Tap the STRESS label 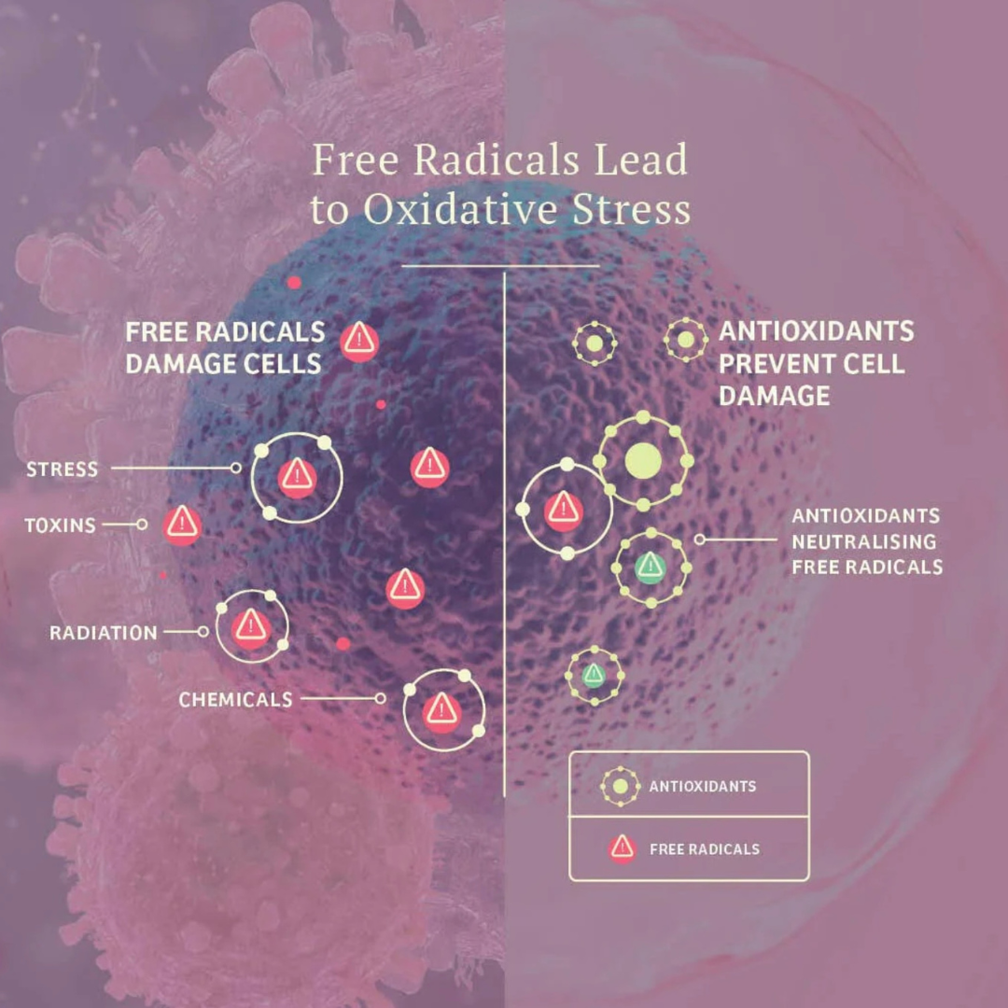pyautogui.click(x=62, y=469)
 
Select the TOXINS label pyautogui.click(x=60, y=525)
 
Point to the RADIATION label pyautogui.click(x=104, y=633)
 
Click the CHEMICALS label pyautogui.click(x=235, y=699)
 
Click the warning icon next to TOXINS pyautogui.click(x=182, y=525)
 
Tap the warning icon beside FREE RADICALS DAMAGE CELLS pyautogui.click(x=359, y=342)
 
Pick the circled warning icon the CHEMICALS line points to pyautogui.click(x=442, y=711)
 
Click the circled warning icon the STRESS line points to pyautogui.click(x=297, y=477)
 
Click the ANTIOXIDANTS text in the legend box pyautogui.click(x=703, y=786)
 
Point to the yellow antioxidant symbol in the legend pyautogui.click(x=620, y=786)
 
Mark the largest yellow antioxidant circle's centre pyautogui.click(x=643, y=461)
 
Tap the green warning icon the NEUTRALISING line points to pyautogui.click(x=650, y=567)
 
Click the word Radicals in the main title pyautogui.click(x=497, y=160)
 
